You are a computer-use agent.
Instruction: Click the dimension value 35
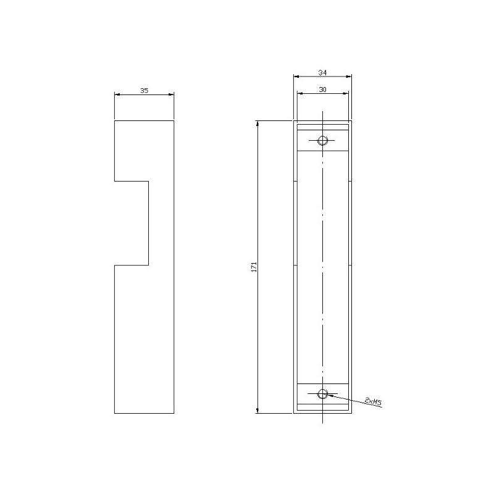click(144, 90)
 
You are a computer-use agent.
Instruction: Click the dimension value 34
click(322, 72)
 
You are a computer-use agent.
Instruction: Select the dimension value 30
click(322, 90)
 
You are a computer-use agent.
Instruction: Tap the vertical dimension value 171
click(254, 267)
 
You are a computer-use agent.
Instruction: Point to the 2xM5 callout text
click(373, 402)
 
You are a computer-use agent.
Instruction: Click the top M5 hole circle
click(322, 141)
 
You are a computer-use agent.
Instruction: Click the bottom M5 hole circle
click(322, 393)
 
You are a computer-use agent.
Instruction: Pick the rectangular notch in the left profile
click(132, 223)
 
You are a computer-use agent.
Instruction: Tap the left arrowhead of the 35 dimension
click(117, 94)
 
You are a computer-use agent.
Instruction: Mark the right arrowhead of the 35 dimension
click(172, 94)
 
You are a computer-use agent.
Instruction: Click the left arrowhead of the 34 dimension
click(295, 77)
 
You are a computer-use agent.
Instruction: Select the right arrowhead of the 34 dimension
click(350, 77)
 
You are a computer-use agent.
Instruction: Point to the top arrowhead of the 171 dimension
click(257, 122)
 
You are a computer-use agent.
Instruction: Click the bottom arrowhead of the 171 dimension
click(257, 411)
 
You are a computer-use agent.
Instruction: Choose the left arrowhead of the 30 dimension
click(299, 94)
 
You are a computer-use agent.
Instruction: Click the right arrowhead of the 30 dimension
click(346, 94)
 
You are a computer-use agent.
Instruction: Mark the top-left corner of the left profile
click(115, 120)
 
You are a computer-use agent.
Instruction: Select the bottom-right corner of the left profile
click(174, 413)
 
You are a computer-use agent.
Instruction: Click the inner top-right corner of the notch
click(148, 182)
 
